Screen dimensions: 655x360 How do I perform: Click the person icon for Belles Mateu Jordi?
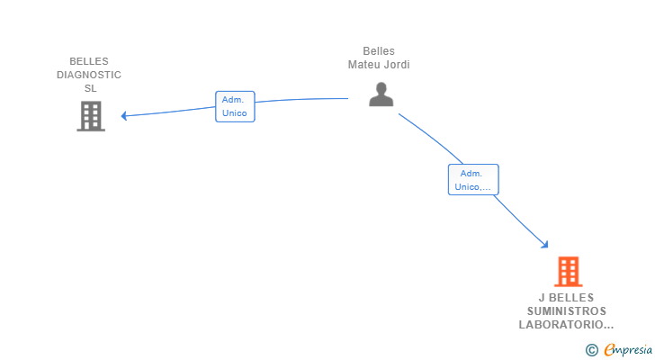381,94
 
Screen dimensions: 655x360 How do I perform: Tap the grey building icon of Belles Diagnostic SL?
91,116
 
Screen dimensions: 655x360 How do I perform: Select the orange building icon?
568,272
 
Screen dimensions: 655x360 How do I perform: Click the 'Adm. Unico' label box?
235,106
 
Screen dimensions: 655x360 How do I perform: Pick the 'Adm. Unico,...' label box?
473,180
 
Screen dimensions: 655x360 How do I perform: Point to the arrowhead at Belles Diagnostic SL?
123,116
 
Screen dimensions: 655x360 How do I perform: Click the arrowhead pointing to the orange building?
544,244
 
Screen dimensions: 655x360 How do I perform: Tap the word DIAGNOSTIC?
89,76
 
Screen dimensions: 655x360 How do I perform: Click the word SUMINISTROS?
567,311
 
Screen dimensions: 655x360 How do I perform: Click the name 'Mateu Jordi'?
379,65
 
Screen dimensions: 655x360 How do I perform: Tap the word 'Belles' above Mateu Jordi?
379,51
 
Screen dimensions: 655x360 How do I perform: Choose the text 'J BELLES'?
567,298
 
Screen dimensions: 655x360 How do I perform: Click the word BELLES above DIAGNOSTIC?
89,61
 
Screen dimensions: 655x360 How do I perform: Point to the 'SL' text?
90,88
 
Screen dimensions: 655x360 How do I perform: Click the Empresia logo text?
628,349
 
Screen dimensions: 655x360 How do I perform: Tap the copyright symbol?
592,350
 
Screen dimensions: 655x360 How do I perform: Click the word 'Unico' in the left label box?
234,113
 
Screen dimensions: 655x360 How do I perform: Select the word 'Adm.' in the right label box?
471,174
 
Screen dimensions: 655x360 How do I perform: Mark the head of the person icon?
381,88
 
